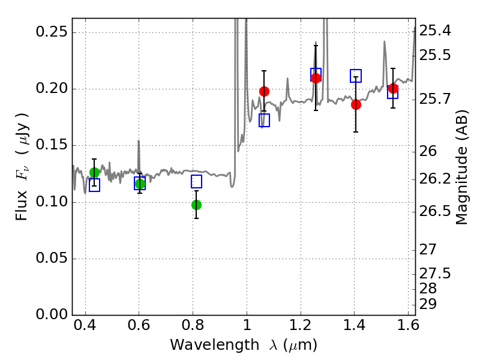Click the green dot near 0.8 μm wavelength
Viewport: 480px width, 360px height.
197,205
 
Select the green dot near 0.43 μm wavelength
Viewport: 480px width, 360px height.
94,172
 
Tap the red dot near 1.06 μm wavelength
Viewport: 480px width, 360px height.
264,91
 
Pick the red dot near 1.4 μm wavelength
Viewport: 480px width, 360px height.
356,104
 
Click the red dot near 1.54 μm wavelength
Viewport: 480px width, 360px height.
393,89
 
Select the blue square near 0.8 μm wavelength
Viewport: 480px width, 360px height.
197,182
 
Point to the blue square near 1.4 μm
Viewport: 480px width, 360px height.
356,76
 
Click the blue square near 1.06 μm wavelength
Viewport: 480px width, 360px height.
264,121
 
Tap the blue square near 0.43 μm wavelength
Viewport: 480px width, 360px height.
94,185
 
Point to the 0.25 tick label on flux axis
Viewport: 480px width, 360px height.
52,32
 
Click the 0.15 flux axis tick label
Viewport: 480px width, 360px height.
52,145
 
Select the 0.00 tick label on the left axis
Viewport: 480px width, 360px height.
52,314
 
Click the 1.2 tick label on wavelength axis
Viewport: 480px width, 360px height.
301,325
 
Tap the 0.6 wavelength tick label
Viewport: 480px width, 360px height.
139,325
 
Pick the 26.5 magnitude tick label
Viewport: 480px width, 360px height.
434,211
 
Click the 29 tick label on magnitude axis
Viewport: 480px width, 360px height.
428,304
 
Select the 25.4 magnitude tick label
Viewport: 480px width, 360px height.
434,31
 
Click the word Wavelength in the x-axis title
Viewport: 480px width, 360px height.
215,345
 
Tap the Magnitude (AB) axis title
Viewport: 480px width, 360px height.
461,167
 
